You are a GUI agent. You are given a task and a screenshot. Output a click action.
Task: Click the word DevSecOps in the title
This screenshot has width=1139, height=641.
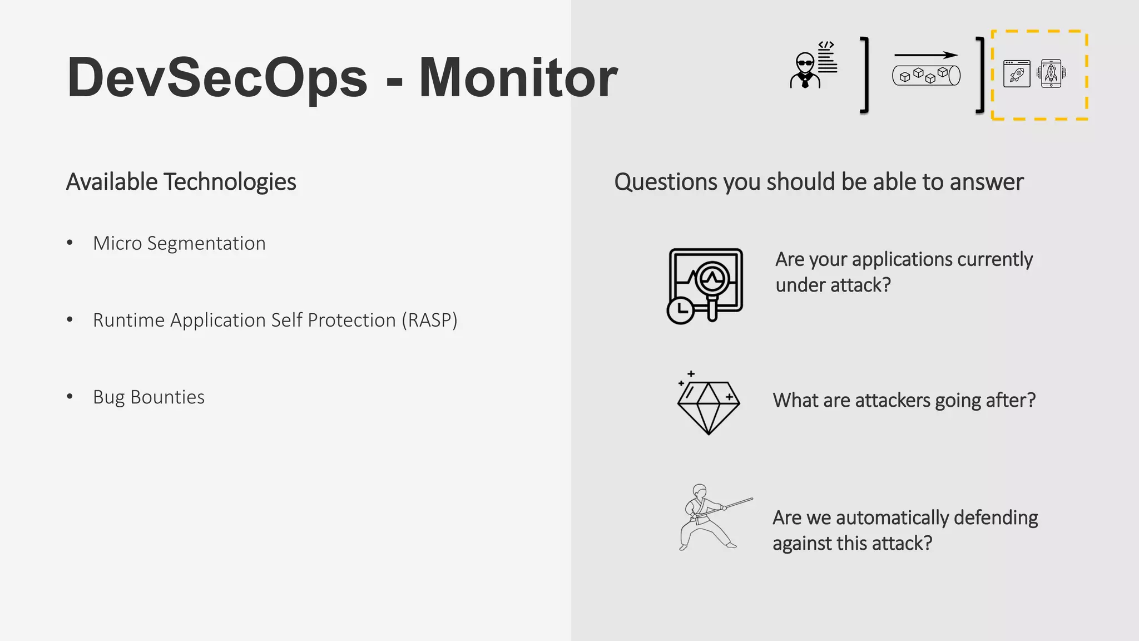click(x=217, y=78)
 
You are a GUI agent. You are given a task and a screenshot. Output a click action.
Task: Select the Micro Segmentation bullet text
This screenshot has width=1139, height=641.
click(x=179, y=243)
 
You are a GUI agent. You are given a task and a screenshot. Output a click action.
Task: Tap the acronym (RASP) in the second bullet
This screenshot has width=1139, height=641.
click(x=429, y=320)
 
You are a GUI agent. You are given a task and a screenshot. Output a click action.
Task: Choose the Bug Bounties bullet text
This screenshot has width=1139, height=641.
click(x=148, y=397)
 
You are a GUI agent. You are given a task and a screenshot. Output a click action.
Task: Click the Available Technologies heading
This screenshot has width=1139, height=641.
click(x=181, y=182)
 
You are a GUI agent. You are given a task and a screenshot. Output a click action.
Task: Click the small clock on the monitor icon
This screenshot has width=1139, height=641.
click(x=680, y=310)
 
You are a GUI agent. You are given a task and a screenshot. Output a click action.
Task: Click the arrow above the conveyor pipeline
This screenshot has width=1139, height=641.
click(x=925, y=55)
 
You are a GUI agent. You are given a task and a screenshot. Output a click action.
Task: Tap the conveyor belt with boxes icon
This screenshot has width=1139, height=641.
click(x=926, y=75)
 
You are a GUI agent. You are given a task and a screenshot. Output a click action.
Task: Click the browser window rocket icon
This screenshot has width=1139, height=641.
click(x=1017, y=73)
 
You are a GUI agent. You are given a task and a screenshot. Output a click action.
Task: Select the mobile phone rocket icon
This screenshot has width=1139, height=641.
click(x=1051, y=73)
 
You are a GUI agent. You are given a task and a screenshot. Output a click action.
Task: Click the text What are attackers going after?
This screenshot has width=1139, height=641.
click(x=904, y=400)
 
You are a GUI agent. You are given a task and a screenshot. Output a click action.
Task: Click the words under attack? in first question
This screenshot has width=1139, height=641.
click(x=833, y=285)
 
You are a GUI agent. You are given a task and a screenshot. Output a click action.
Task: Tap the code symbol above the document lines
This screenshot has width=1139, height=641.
click(x=826, y=45)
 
